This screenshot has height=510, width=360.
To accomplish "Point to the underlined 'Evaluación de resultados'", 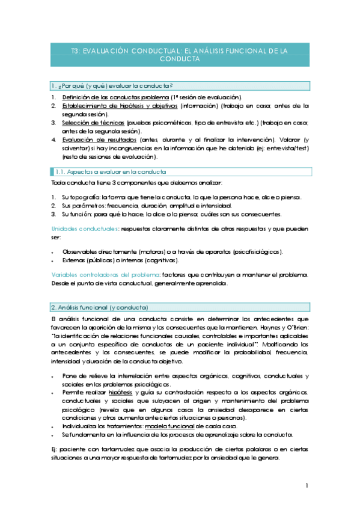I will pyautogui.click(x=95, y=140).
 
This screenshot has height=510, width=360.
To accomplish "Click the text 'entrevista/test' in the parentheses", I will pyautogui.click(x=288, y=148).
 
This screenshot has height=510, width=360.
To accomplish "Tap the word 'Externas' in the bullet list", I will pyautogui.click(x=76, y=260).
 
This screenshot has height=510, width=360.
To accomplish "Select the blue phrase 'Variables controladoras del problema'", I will pyautogui.click(x=104, y=275).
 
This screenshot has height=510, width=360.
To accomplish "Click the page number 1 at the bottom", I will pyautogui.click(x=307, y=485).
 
